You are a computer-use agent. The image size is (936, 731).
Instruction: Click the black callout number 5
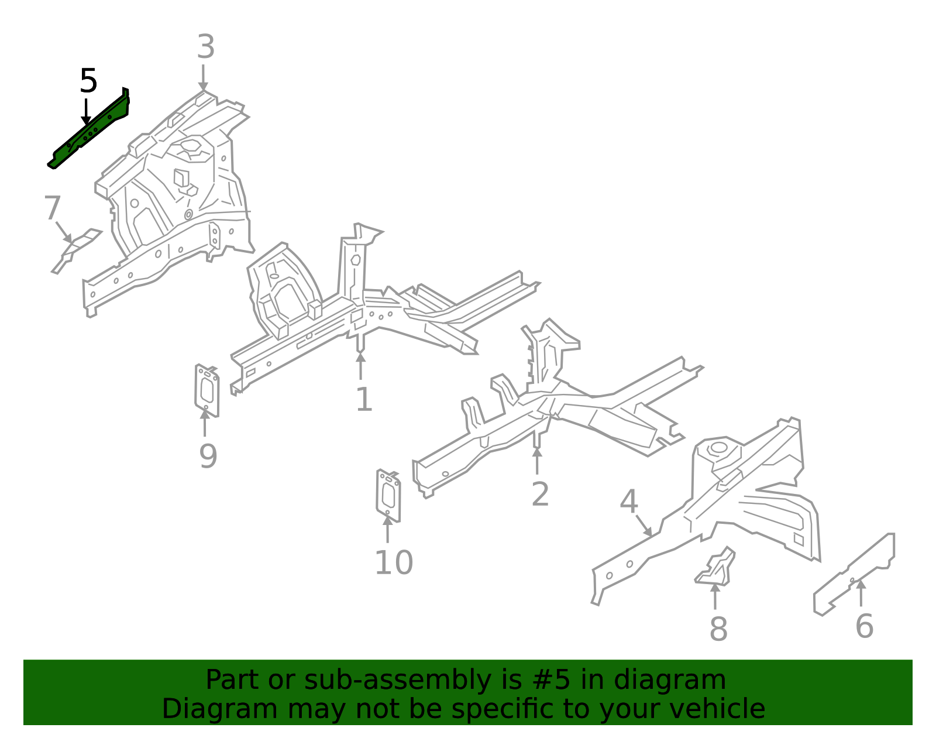tap(88, 81)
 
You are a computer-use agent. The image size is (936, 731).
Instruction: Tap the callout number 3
tap(205, 47)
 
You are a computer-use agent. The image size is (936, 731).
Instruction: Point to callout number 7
tap(52, 208)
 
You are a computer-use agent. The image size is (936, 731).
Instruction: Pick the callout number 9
tap(208, 457)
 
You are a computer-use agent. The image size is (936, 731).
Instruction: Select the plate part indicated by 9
tap(207, 390)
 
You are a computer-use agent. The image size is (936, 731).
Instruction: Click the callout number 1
tap(364, 400)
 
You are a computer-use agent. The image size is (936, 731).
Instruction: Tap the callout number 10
tap(394, 563)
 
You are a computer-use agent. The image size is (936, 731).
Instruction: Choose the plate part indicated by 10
tap(388, 495)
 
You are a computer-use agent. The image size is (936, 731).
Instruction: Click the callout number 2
tap(540, 494)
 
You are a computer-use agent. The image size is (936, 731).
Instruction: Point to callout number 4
tap(628, 502)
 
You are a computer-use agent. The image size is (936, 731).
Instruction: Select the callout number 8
tap(718, 629)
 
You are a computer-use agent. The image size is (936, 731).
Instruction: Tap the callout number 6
tap(864, 626)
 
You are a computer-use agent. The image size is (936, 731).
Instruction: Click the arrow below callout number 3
tap(203, 78)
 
